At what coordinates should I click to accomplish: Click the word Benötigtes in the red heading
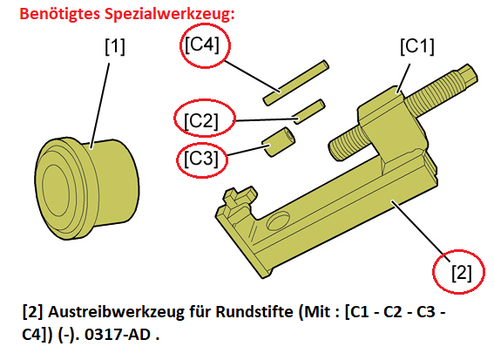tap(60, 14)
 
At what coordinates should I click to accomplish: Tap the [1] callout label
tap(115, 47)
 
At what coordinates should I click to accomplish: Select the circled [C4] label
tap(201, 44)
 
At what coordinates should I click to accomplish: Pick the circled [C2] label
tap(201, 120)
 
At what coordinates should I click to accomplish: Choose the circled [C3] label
tap(201, 158)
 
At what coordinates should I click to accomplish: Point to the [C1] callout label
tap(417, 47)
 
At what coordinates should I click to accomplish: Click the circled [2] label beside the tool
tap(462, 273)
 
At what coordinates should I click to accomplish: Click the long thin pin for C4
tap(296, 83)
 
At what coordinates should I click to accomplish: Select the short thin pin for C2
tap(308, 112)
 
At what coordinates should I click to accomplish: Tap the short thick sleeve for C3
tap(279, 141)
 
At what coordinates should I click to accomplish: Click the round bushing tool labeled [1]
tap(86, 188)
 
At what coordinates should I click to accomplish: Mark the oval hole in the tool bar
tap(278, 220)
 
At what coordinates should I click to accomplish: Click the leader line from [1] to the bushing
tap(100, 106)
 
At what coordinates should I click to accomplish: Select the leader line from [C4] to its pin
tap(252, 76)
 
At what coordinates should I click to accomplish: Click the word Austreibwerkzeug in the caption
tap(116, 313)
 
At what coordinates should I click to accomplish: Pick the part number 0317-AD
tap(118, 335)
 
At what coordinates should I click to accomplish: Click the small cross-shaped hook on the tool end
tap(240, 197)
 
